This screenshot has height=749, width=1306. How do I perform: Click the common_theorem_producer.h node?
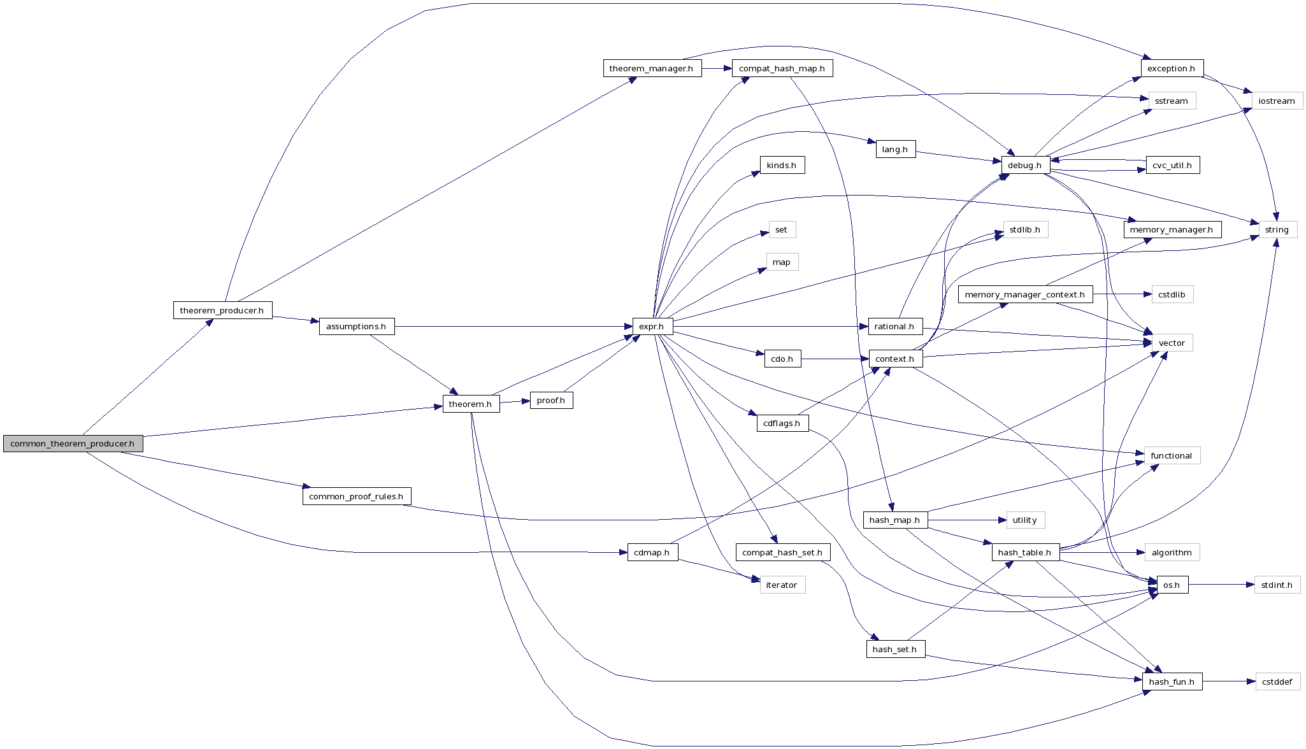point(73,444)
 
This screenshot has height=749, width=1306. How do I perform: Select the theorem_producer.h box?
point(222,311)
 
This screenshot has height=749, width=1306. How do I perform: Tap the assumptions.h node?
point(356,327)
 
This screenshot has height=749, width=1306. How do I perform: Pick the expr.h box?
point(652,327)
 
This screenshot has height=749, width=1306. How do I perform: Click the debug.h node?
point(1025,166)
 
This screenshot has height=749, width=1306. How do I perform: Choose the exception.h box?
point(1171,69)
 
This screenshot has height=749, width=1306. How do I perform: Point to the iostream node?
point(1277,101)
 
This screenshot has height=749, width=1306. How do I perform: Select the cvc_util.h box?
point(1172,166)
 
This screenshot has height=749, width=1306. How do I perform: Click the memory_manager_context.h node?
point(1024,295)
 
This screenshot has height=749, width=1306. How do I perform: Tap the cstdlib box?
point(1172,295)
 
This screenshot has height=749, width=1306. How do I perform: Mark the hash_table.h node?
point(1024,553)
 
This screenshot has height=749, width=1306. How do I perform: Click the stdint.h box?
point(1277,585)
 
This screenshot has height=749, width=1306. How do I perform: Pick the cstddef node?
point(1277,682)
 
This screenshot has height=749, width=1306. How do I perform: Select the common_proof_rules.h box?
point(356,497)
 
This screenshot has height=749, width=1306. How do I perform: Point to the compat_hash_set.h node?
point(782,553)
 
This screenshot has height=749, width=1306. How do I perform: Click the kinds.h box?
point(782,166)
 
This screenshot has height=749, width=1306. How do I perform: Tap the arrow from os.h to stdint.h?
point(1221,585)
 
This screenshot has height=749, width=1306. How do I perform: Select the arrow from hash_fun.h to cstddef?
point(1228,681)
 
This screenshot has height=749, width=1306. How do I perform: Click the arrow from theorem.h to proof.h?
point(515,402)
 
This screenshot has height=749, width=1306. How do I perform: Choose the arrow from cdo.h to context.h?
point(835,359)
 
